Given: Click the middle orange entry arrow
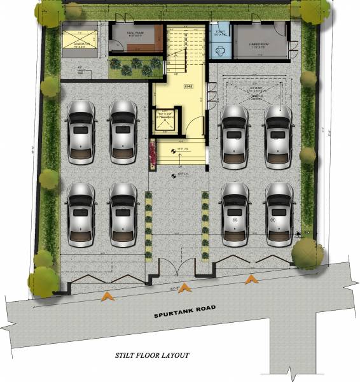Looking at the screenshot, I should point(185,288).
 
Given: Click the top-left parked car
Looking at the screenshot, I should point(80,132).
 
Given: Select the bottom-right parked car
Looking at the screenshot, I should point(278,214).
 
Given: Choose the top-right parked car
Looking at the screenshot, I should point(278,135).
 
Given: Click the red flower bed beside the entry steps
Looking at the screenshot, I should point(152,157).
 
